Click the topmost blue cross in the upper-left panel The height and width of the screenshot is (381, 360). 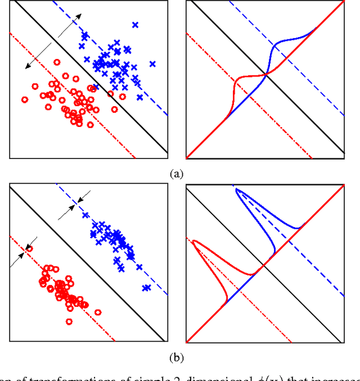(135, 24)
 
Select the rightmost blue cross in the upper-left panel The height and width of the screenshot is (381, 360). (152, 63)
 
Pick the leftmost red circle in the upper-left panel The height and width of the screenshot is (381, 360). (25, 99)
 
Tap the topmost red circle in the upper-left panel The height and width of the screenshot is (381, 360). (57, 62)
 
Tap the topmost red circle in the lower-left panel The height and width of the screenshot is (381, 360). (30, 248)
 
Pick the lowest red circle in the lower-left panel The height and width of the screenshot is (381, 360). (69, 321)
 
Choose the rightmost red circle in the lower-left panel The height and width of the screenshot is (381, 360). (98, 312)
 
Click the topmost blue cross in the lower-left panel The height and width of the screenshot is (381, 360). (85, 215)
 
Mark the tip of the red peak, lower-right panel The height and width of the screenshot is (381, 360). (193, 242)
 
